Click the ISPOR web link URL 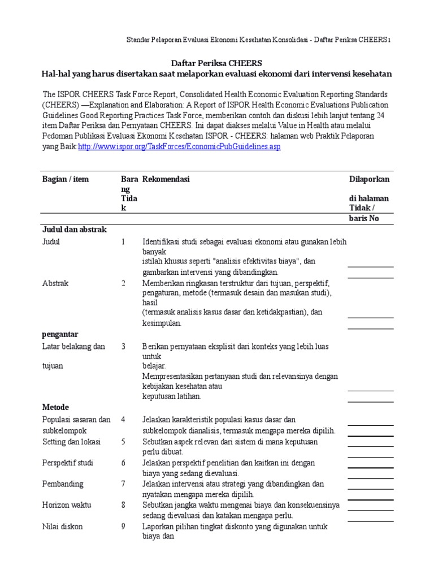pyautogui.click(x=179, y=146)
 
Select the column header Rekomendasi pyautogui.click(x=166, y=179)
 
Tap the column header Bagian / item pyautogui.click(x=66, y=179)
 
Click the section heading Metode pyautogui.click(x=55, y=407)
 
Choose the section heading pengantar pyautogui.click(x=60, y=334)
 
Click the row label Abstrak pyautogui.click(x=55, y=283)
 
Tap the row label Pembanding pyautogui.click(x=63, y=484)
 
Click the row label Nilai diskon pyautogui.click(x=63, y=526)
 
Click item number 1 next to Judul pyautogui.click(x=123, y=242)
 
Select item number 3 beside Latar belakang pyautogui.click(x=123, y=347)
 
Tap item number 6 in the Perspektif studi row pyautogui.click(x=123, y=463)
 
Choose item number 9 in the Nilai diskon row pyautogui.click(x=123, y=526)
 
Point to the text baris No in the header pyautogui.click(x=366, y=219)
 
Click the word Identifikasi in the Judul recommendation pyautogui.click(x=162, y=242)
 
